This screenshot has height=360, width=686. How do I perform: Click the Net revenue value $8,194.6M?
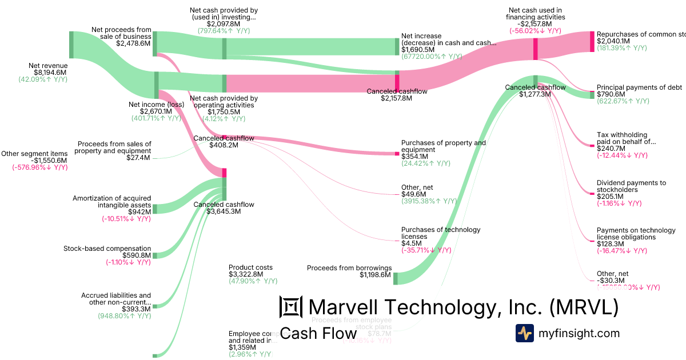(50, 73)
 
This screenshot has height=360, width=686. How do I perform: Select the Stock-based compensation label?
(107, 248)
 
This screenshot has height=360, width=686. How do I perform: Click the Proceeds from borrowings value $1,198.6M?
(376, 275)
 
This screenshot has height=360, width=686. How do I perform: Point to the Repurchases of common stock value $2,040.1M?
(613, 41)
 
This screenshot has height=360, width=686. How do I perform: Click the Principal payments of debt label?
(639, 87)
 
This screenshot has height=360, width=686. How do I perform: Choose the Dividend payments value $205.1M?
(611, 196)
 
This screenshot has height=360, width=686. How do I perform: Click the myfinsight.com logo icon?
(525, 333)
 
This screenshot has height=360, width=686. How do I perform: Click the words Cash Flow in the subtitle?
(318, 333)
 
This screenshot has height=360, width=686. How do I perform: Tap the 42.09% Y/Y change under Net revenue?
(43, 80)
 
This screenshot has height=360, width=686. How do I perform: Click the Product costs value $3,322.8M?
(246, 274)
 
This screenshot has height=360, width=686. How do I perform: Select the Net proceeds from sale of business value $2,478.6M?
(133, 43)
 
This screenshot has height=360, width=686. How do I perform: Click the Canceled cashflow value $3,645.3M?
(224, 211)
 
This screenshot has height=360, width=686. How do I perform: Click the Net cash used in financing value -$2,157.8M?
(536, 24)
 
